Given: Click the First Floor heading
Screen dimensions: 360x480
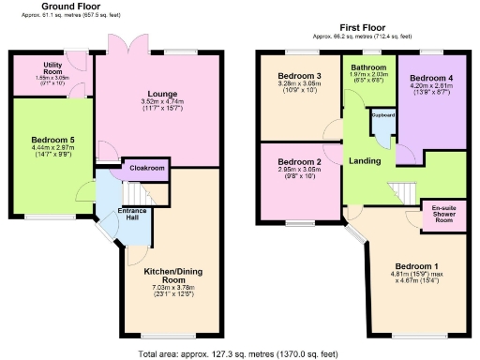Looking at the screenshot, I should coord(366,29).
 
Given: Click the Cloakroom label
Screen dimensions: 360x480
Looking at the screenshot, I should coord(147,168).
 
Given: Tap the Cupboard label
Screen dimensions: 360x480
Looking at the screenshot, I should coord(383,114).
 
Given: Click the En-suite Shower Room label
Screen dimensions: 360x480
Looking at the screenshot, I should coord(443,213).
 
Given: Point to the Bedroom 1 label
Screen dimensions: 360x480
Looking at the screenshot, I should coord(412,265).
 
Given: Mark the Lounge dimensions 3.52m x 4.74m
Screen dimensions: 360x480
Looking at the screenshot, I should coord(157,101).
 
